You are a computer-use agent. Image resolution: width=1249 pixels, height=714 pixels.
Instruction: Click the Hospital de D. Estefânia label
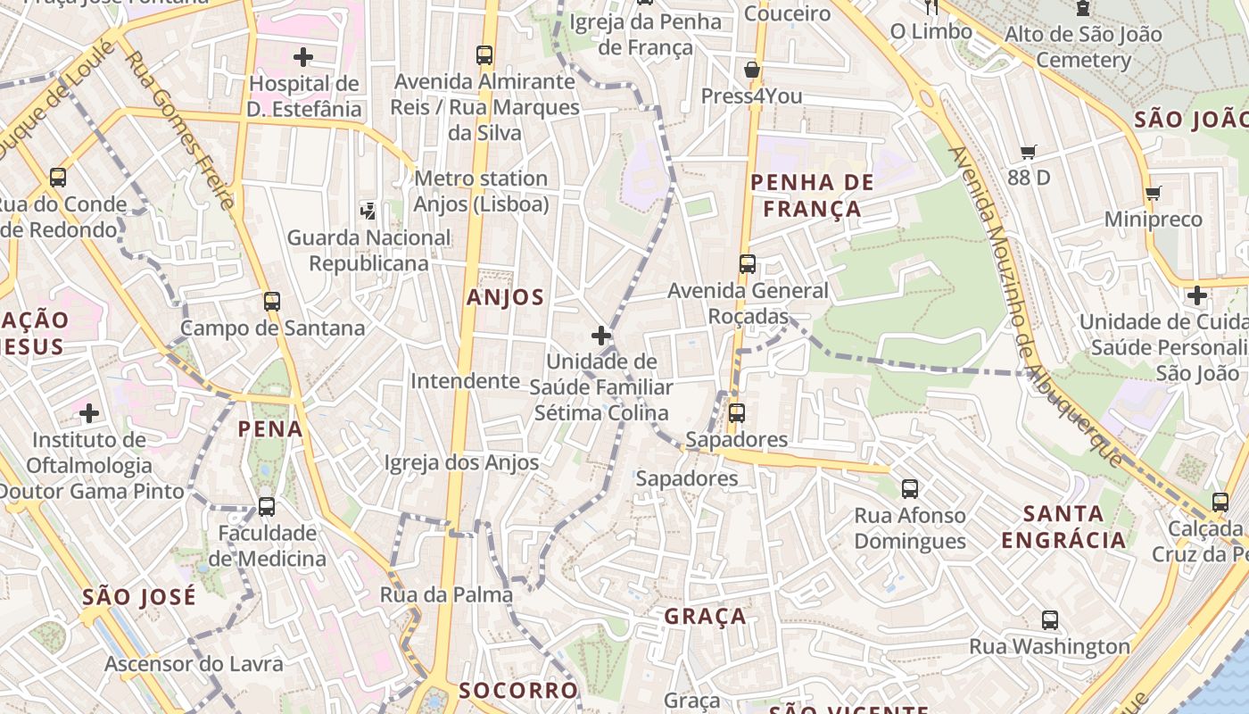(x=304, y=96)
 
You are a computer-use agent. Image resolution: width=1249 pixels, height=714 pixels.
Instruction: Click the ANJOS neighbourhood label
(x=505, y=298)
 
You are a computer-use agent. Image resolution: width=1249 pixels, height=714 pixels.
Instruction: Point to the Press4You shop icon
(x=752, y=70)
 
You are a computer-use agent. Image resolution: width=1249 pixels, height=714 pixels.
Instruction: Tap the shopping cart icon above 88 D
(x=1029, y=153)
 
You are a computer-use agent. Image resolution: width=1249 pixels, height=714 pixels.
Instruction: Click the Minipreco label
(x=1153, y=220)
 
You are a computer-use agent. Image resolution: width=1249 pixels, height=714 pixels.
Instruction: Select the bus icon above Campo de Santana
(x=272, y=302)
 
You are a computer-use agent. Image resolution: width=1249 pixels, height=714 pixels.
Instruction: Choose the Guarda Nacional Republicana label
(x=368, y=251)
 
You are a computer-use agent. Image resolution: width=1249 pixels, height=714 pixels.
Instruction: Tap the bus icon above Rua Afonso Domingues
(x=910, y=489)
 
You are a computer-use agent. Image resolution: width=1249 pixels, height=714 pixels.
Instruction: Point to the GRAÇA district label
(x=705, y=617)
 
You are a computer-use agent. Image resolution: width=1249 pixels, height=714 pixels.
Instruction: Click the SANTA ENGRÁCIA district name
(x=1063, y=527)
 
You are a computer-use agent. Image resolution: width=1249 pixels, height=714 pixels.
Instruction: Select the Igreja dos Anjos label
(x=461, y=462)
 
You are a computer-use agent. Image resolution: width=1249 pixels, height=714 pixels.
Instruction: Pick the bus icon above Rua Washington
(x=1050, y=620)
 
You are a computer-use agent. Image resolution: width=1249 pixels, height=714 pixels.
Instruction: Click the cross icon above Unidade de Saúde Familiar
(x=601, y=336)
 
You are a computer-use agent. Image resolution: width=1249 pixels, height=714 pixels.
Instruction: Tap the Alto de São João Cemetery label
(x=1083, y=47)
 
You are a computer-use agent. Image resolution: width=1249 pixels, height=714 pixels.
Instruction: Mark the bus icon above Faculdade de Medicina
(x=266, y=507)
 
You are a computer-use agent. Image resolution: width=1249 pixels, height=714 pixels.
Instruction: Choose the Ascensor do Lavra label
(x=194, y=664)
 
